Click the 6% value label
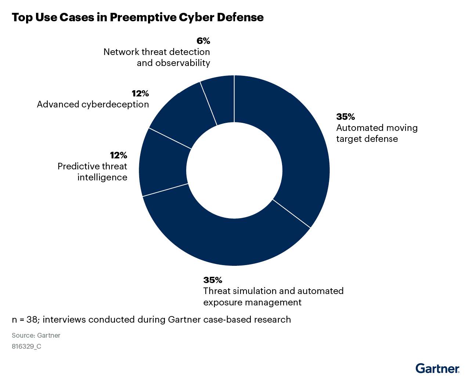(203, 41)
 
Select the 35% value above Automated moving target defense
(345, 117)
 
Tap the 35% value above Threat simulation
(213, 280)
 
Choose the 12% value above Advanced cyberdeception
(140, 93)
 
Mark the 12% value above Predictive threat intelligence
(118, 155)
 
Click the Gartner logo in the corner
(437, 368)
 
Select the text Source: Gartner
(36, 335)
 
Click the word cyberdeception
(115, 104)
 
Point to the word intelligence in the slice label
(102, 177)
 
